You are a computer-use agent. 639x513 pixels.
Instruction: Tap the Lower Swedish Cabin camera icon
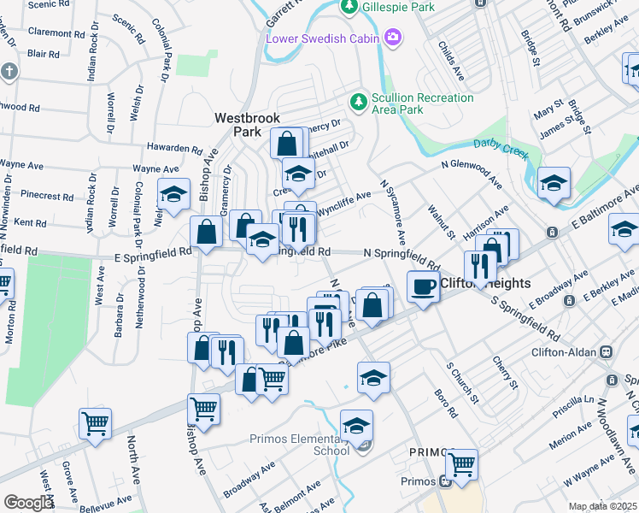click(x=392, y=37)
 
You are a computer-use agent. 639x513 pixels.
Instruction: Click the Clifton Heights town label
click(x=484, y=283)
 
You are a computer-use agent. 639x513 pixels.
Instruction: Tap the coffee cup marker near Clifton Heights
click(x=422, y=286)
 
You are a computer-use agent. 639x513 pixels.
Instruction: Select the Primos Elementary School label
click(x=298, y=445)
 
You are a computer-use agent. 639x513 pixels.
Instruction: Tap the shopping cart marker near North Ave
click(x=95, y=422)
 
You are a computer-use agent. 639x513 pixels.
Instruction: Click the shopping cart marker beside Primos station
click(x=462, y=464)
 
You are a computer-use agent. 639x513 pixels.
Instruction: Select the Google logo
click(x=27, y=503)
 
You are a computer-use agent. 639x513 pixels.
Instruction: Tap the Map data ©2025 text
click(x=602, y=506)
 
